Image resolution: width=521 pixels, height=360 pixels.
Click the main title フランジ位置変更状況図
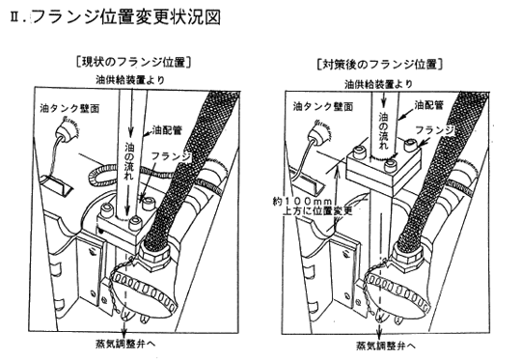tap(126, 17)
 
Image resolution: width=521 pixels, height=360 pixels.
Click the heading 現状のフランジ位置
tap(133, 62)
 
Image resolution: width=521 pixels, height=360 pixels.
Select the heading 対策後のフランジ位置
tap(380, 64)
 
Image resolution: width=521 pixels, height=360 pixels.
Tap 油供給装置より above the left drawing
tap(130, 80)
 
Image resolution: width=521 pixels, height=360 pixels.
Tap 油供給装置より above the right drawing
tap(378, 84)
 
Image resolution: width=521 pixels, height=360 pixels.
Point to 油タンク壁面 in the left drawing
tap(69, 108)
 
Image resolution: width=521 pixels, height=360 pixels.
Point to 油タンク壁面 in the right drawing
tap(322, 106)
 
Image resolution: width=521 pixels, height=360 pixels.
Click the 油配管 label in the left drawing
tap(167, 130)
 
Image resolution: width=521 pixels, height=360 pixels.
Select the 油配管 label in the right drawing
tap(428, 105)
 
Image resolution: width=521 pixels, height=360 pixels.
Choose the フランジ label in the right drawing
tap(435, 130)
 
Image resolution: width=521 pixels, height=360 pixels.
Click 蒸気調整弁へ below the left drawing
tap(125, 344)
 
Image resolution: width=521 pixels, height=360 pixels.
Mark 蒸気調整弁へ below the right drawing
tap(386, 346)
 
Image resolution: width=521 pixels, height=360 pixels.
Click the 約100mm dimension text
tap(302, 202)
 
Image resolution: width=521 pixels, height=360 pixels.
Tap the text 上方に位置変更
tap(317, 211)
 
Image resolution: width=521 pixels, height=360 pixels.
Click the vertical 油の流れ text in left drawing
tap(129, 161)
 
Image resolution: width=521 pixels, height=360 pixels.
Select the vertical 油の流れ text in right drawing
tap(383, 131)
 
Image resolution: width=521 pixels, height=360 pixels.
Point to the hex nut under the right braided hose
tap(407, 255)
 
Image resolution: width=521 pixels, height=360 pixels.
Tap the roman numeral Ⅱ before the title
tap(15, 17)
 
